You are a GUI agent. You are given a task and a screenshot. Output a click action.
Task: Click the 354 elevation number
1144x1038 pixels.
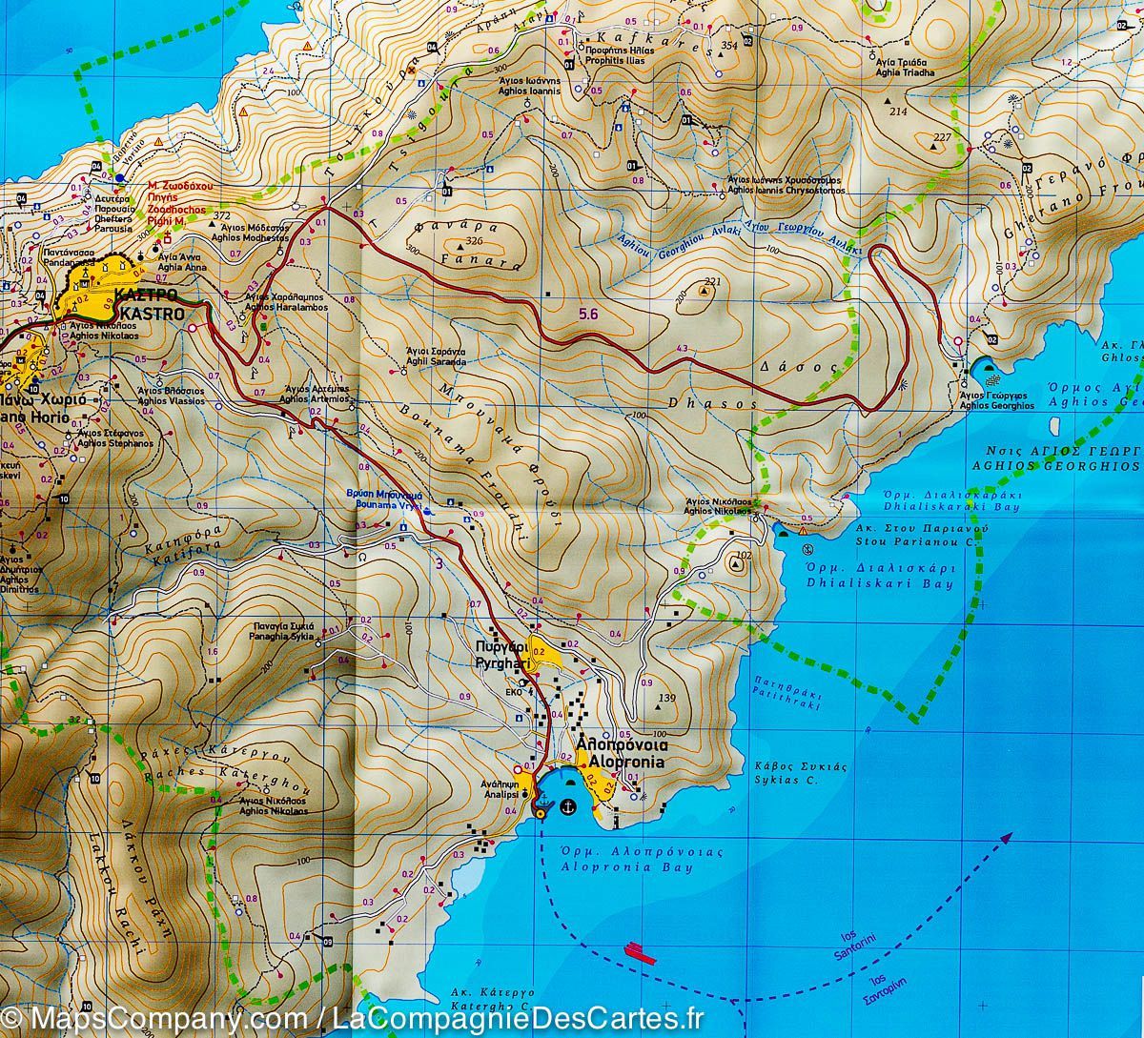[730, 45]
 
